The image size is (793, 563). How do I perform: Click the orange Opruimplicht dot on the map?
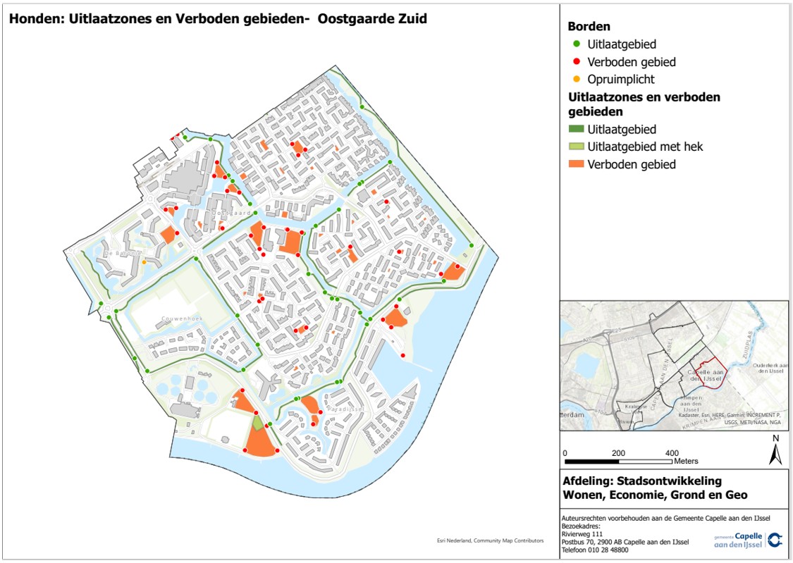[145, 262]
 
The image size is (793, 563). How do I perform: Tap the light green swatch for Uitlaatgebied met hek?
[576, 147]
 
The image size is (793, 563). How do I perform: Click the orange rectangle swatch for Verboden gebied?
[576, 164]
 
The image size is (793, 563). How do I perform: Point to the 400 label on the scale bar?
[672, 452]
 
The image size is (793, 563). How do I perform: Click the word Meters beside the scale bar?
[685, 461]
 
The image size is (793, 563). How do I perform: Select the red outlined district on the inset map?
[713, 378]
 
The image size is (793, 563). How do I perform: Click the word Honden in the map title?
[32, 19]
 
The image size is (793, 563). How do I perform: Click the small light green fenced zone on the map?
[258, 422]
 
